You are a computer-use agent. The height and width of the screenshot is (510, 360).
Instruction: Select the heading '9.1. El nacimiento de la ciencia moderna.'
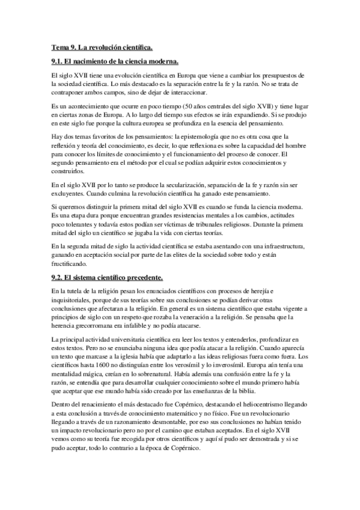point(115,62)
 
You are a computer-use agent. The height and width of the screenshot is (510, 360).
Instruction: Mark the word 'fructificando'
point(72,265)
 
